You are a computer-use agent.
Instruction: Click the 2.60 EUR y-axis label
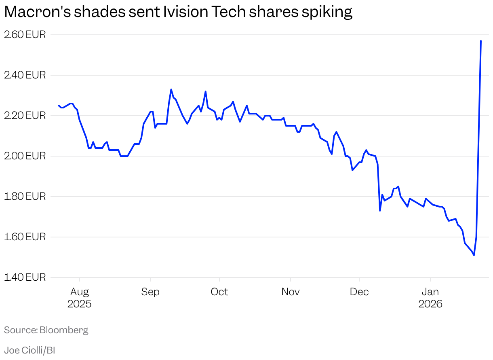[25, 35]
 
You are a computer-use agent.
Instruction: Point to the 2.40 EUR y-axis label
[25, 75]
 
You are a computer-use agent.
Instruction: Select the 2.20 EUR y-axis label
[25, 116]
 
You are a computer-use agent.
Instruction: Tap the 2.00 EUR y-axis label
[25, 156]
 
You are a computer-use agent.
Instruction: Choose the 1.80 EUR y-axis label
[25, 197]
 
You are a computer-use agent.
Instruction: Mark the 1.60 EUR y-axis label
[25, 237]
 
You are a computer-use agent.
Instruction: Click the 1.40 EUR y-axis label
[25, 277]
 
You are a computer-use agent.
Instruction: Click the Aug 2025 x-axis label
[80, 298]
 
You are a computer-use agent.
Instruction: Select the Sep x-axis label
[150, 292]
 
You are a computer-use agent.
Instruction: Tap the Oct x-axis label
[219, 292]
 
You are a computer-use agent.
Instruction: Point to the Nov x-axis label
[291, 292]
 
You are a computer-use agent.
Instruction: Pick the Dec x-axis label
[359, 292]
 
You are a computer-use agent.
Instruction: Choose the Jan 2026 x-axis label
[430, 298]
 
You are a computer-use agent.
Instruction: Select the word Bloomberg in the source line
[64, 330]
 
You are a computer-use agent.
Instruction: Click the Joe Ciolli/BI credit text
[29, 350]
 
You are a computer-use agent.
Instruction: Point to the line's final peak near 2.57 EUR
[480, 41]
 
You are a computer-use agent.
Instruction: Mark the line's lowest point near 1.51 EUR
[474, 255]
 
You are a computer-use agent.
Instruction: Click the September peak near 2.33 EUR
[171, 89]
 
